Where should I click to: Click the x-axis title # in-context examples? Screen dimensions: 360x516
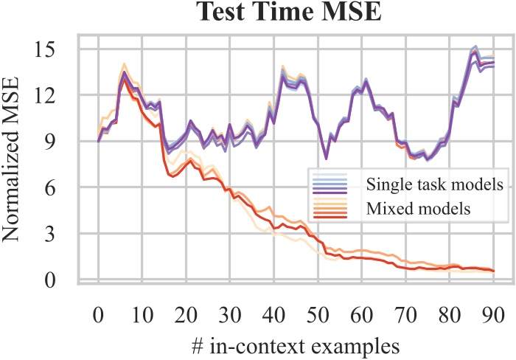tap(295, 345)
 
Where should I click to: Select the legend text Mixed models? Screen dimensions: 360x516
tap(418, 208)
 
